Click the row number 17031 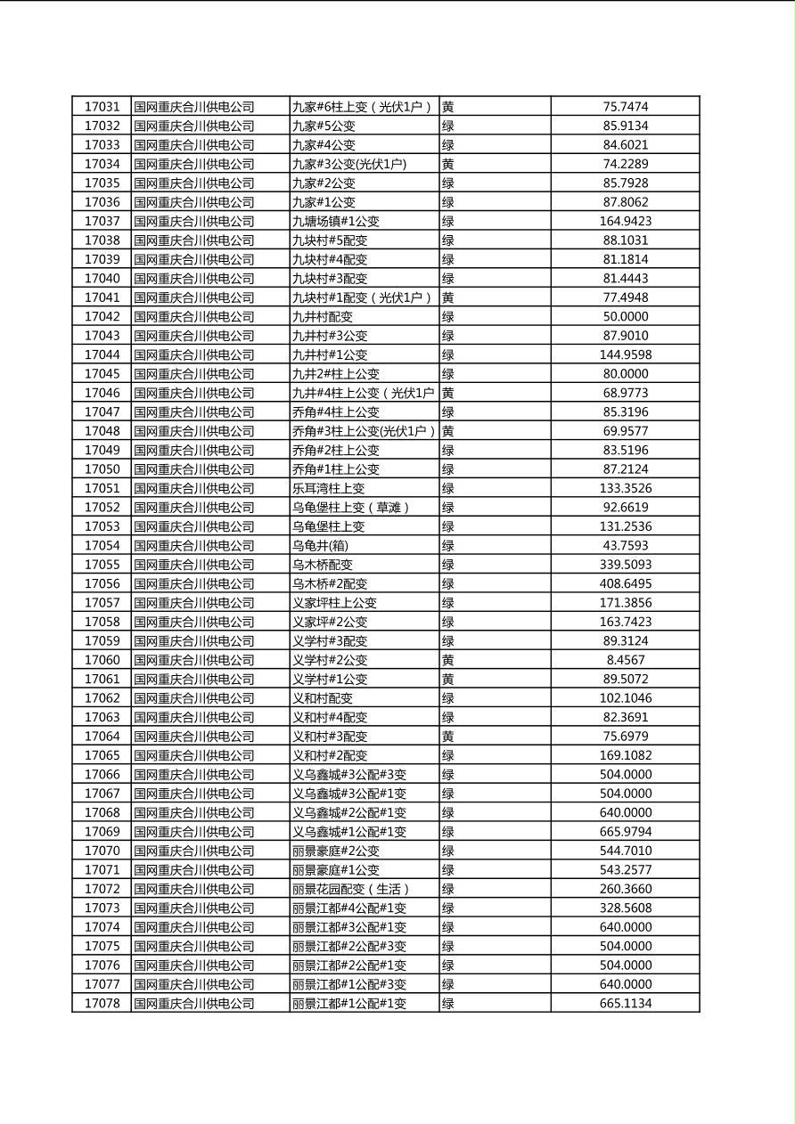102,107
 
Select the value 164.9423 625,221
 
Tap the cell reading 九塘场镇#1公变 336,221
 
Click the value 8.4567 625,660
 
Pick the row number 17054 102,545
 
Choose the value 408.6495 625,583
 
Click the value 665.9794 625,832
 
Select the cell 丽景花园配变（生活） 351,889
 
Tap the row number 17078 102,1003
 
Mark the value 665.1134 625,1003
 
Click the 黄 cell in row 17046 448,393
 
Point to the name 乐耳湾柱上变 329,488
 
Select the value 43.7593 625,545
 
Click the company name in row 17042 194,316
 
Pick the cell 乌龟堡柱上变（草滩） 351,508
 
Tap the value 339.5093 625,565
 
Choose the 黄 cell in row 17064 448,737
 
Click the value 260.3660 625,889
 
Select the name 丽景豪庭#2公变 336,851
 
